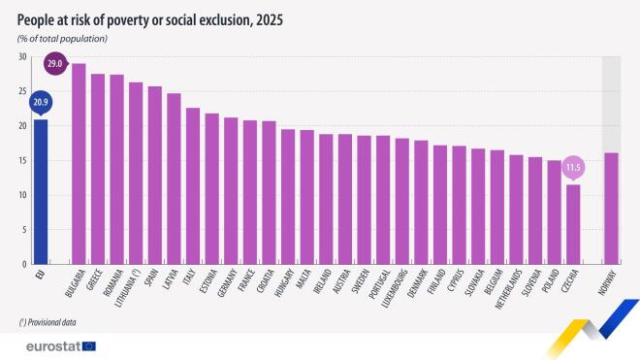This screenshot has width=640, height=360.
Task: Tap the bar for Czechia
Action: click(x=573, y=223)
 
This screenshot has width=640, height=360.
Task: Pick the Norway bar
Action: click(x=611, y=208)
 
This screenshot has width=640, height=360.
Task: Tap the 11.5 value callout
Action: click(x=574, y=167)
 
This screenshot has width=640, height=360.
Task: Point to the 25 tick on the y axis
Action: click(x=21, y=91)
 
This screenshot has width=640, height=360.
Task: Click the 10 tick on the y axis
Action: click(x=21, y=195)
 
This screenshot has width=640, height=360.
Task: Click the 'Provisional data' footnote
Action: click(x=48, y=321)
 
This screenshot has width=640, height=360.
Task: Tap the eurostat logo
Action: click(x=54, y=345)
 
